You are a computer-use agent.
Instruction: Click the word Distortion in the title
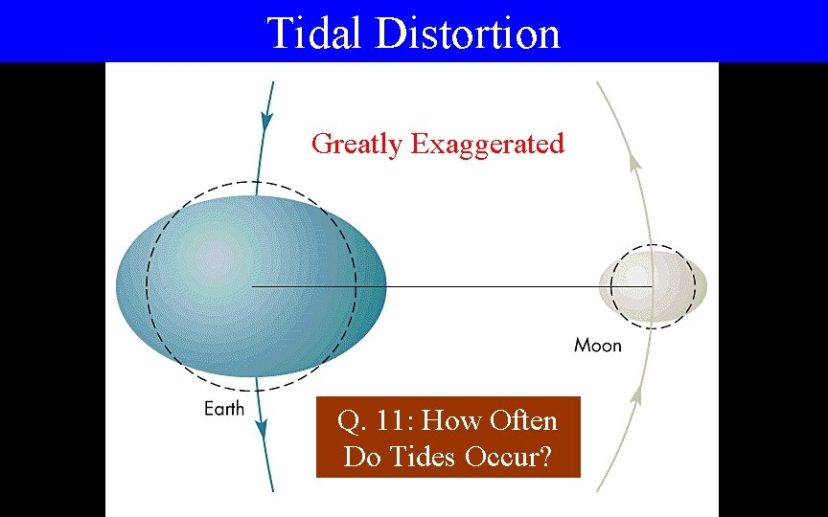click(x=468, y=33)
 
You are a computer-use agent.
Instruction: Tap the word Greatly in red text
click(x=357, y=145)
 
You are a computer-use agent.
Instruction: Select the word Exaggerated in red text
click(x=487, y=145)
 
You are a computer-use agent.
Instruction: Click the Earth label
click(x=224, y=409)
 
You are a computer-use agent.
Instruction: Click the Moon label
click(x=597, y=345)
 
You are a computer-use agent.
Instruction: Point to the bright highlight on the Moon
click(x=637, y=277)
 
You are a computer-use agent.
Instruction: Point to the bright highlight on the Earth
click(x=216, y=258)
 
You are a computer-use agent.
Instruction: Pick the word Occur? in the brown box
click(x=513, y=457)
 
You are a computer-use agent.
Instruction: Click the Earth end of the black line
click(x=253, y=286)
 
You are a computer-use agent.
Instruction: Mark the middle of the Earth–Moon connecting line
click(x=452, y=286)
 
